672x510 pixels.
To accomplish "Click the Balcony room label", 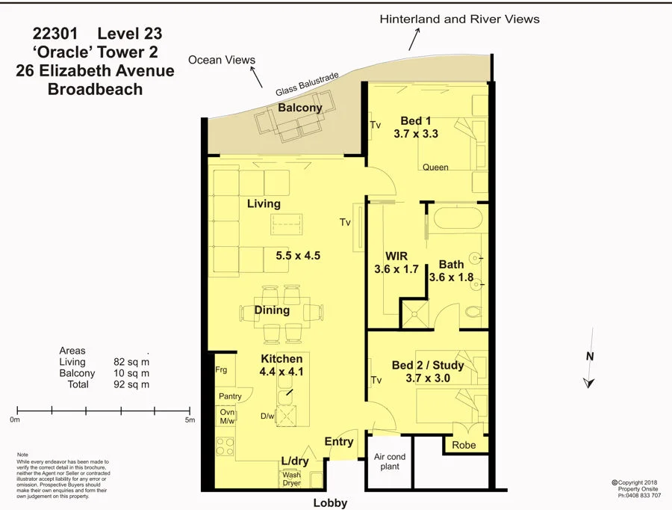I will point(300,108).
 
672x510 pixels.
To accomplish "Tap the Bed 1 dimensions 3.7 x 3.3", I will point(415,135).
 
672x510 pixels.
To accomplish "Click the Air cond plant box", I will point(390,461).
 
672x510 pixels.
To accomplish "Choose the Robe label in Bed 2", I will point(464,445).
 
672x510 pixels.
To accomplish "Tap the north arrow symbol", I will point(589,381).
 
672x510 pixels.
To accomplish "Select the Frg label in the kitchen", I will point(220,370).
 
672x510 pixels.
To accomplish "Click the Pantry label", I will point(230,396).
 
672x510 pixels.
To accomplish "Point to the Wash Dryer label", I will point(291,479).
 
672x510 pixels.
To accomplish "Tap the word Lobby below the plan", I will point(330,503).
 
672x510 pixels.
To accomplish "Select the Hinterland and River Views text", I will point(459,19).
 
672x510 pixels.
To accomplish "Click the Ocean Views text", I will point(222,60).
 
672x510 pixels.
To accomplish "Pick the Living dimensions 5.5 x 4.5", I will point(298,255).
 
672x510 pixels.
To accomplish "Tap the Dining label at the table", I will point(272,310).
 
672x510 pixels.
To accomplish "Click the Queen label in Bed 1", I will point(435,168).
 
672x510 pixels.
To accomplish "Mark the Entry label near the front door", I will point(339,442).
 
